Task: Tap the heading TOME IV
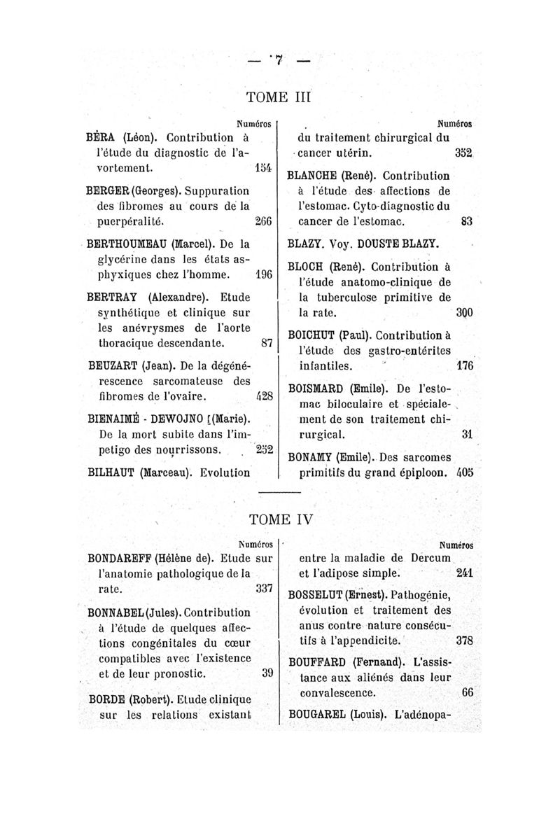coord(279,521)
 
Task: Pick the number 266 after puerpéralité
coord(264,221)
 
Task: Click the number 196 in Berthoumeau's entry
coord(264,275)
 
